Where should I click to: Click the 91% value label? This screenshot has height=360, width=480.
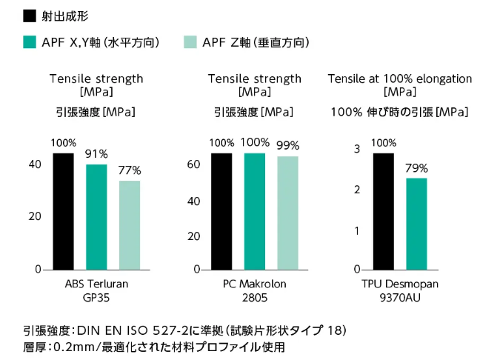point(96,154)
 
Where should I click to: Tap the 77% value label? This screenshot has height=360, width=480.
point(130,170)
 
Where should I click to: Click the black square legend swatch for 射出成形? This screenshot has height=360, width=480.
point(30,16)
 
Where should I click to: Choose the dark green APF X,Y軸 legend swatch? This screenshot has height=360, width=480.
point(30,42)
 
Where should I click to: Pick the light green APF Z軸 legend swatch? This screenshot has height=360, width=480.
point(190,42)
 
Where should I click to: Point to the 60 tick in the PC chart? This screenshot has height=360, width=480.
point(193,164)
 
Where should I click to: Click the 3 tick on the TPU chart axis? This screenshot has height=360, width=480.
point(356,150)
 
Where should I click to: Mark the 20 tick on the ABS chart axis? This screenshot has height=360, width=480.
point(35,216)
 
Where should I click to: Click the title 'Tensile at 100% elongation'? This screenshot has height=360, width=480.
point(399,79)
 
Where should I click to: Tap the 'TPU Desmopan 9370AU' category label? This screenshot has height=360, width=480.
point(399,290)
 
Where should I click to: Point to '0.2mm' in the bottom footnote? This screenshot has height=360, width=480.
point(73,346)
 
